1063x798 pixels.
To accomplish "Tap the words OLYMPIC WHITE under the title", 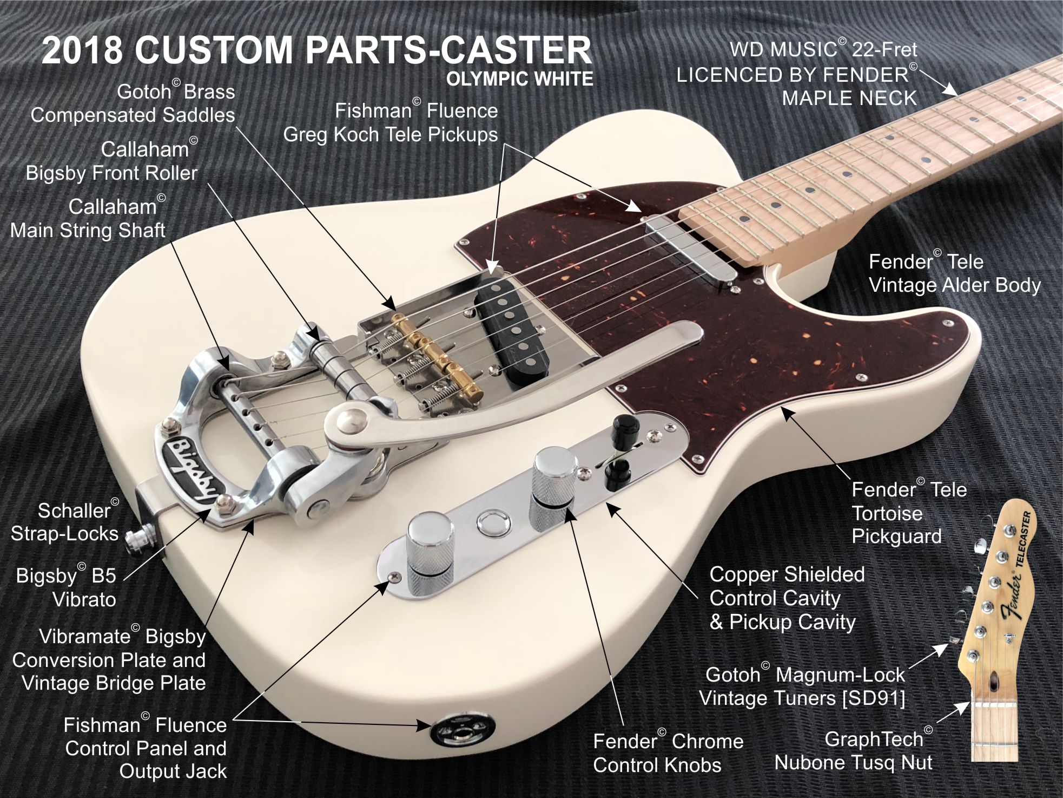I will tap(519, 80).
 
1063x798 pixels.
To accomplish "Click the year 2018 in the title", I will tap(83, 50).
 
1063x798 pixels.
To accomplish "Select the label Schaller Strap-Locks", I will tap(65, 522).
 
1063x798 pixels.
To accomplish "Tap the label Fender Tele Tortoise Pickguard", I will tap(909, 513).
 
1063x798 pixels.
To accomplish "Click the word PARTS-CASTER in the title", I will tap(448, 50).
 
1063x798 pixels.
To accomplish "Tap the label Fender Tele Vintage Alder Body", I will tap(954, 273).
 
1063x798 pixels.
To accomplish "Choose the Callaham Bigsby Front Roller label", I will tap(112, 161).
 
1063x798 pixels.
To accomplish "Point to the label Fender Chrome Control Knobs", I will tap(668, 753).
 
